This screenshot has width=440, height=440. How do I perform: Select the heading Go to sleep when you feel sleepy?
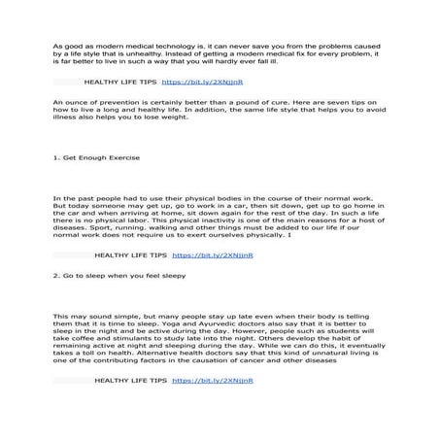coord(109,276)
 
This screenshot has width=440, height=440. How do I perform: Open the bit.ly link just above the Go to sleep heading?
coord(213,255)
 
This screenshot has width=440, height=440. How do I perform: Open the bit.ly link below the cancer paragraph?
coord(213,382)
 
